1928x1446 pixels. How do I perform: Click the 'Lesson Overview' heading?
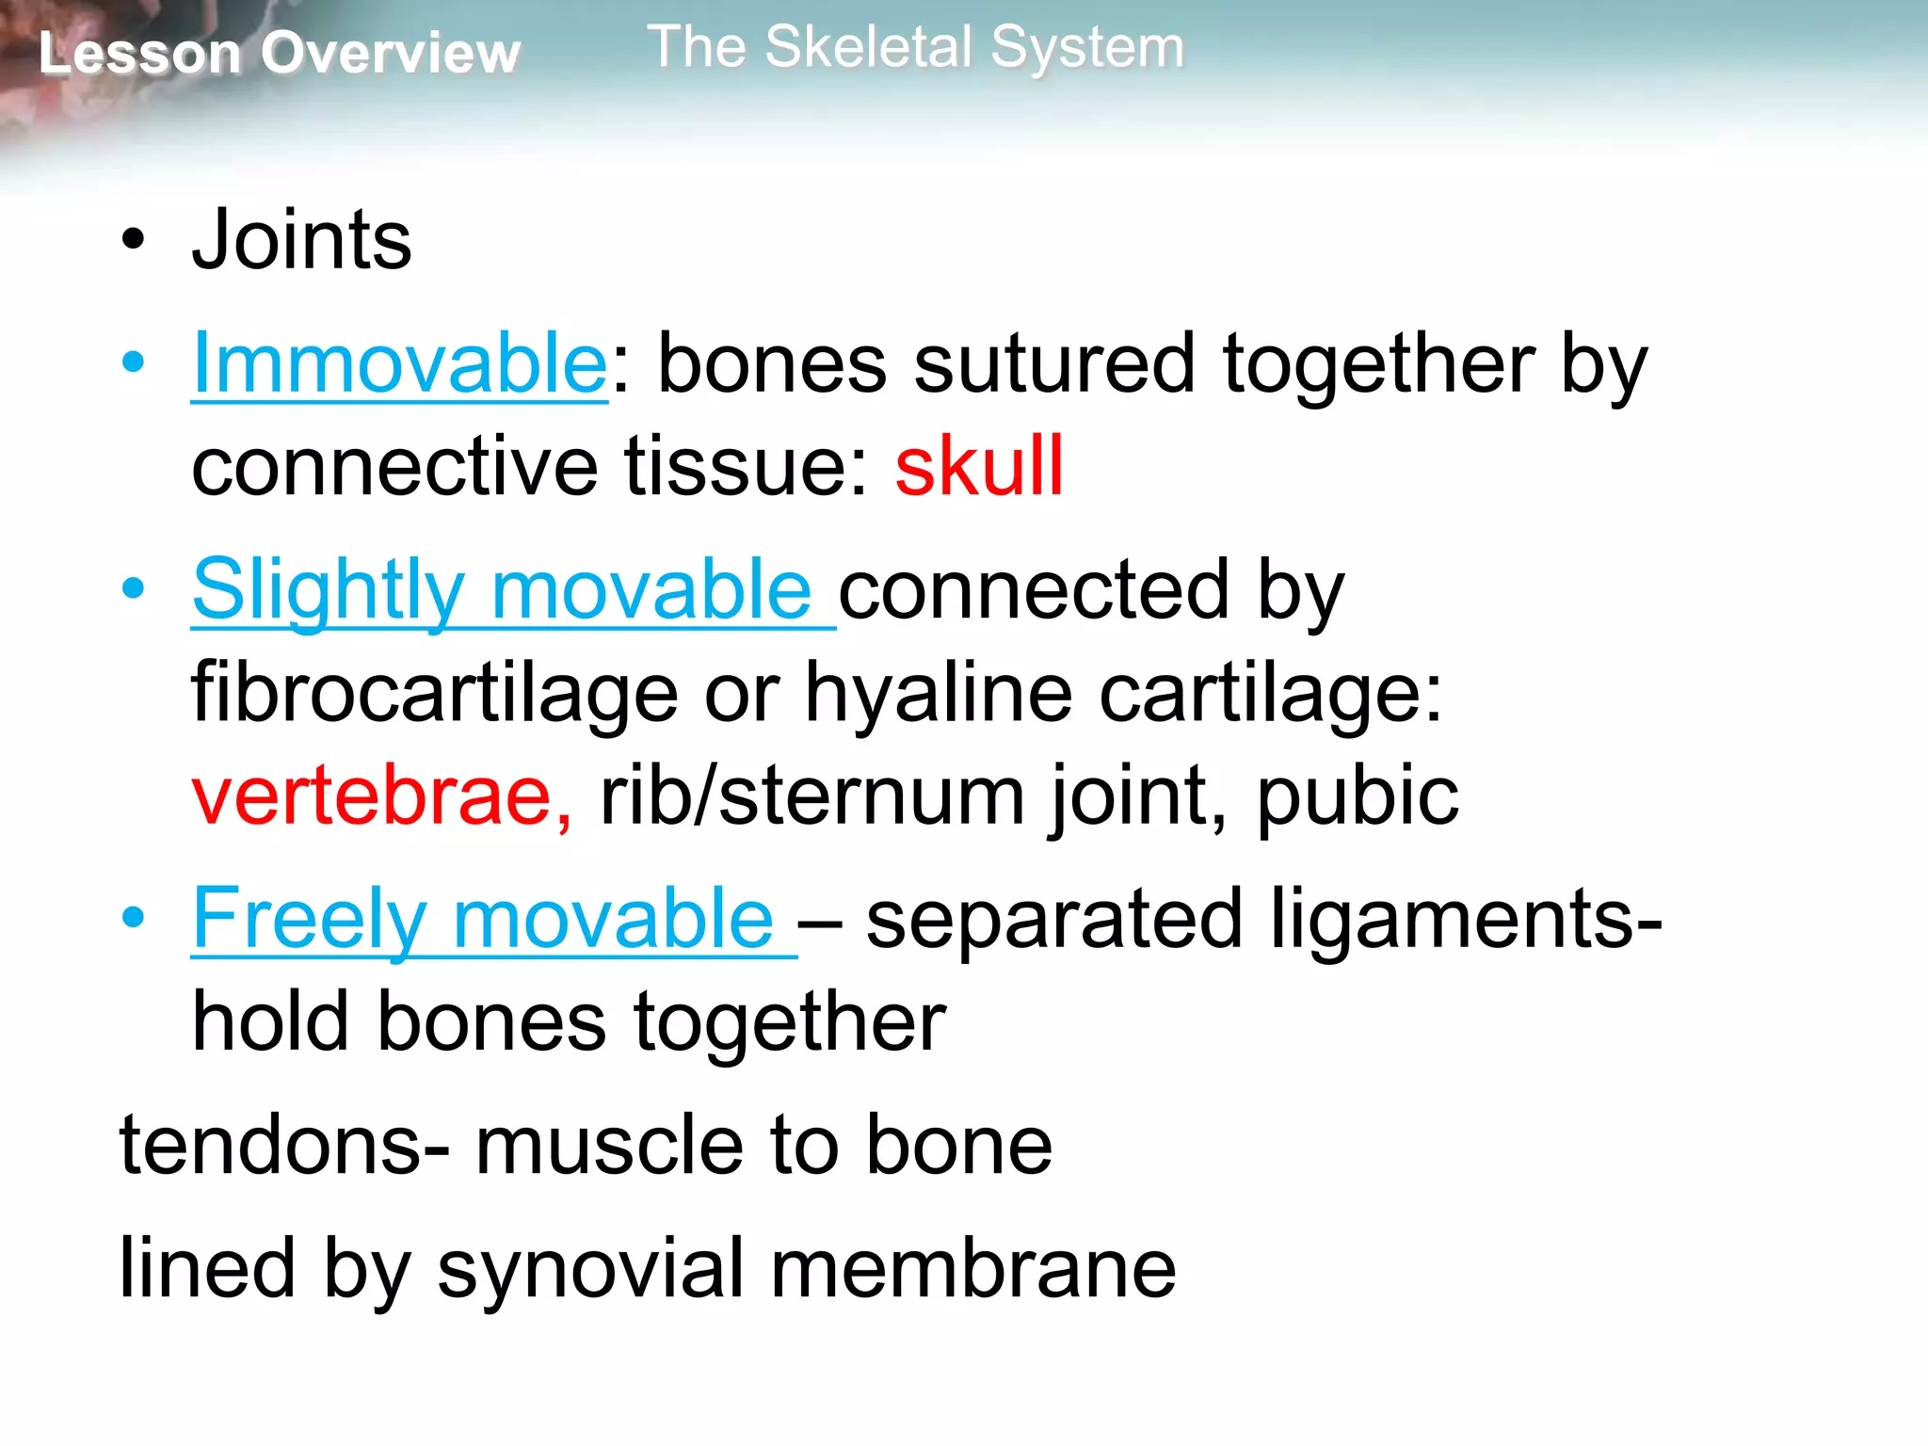click(x=279, y=53)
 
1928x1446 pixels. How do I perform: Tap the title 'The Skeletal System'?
click(x=915, y=47)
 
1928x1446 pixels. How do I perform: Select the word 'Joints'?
click(x=301, y=241)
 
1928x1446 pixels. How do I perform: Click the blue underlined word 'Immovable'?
click(x=399, y=364)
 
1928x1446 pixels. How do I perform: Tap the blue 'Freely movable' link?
click(x=483, y=919)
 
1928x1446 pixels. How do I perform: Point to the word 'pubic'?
click(x=1358, y=796)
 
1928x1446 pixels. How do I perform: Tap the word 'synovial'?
click(x=590, y=1269)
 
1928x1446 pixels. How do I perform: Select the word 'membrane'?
click(x=973, y=1269)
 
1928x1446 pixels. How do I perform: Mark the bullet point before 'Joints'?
click(x=134, y=241)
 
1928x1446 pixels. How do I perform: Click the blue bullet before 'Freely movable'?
click(x=134, y=918)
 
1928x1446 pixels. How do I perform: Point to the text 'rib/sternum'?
click(x=811, y=796)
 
